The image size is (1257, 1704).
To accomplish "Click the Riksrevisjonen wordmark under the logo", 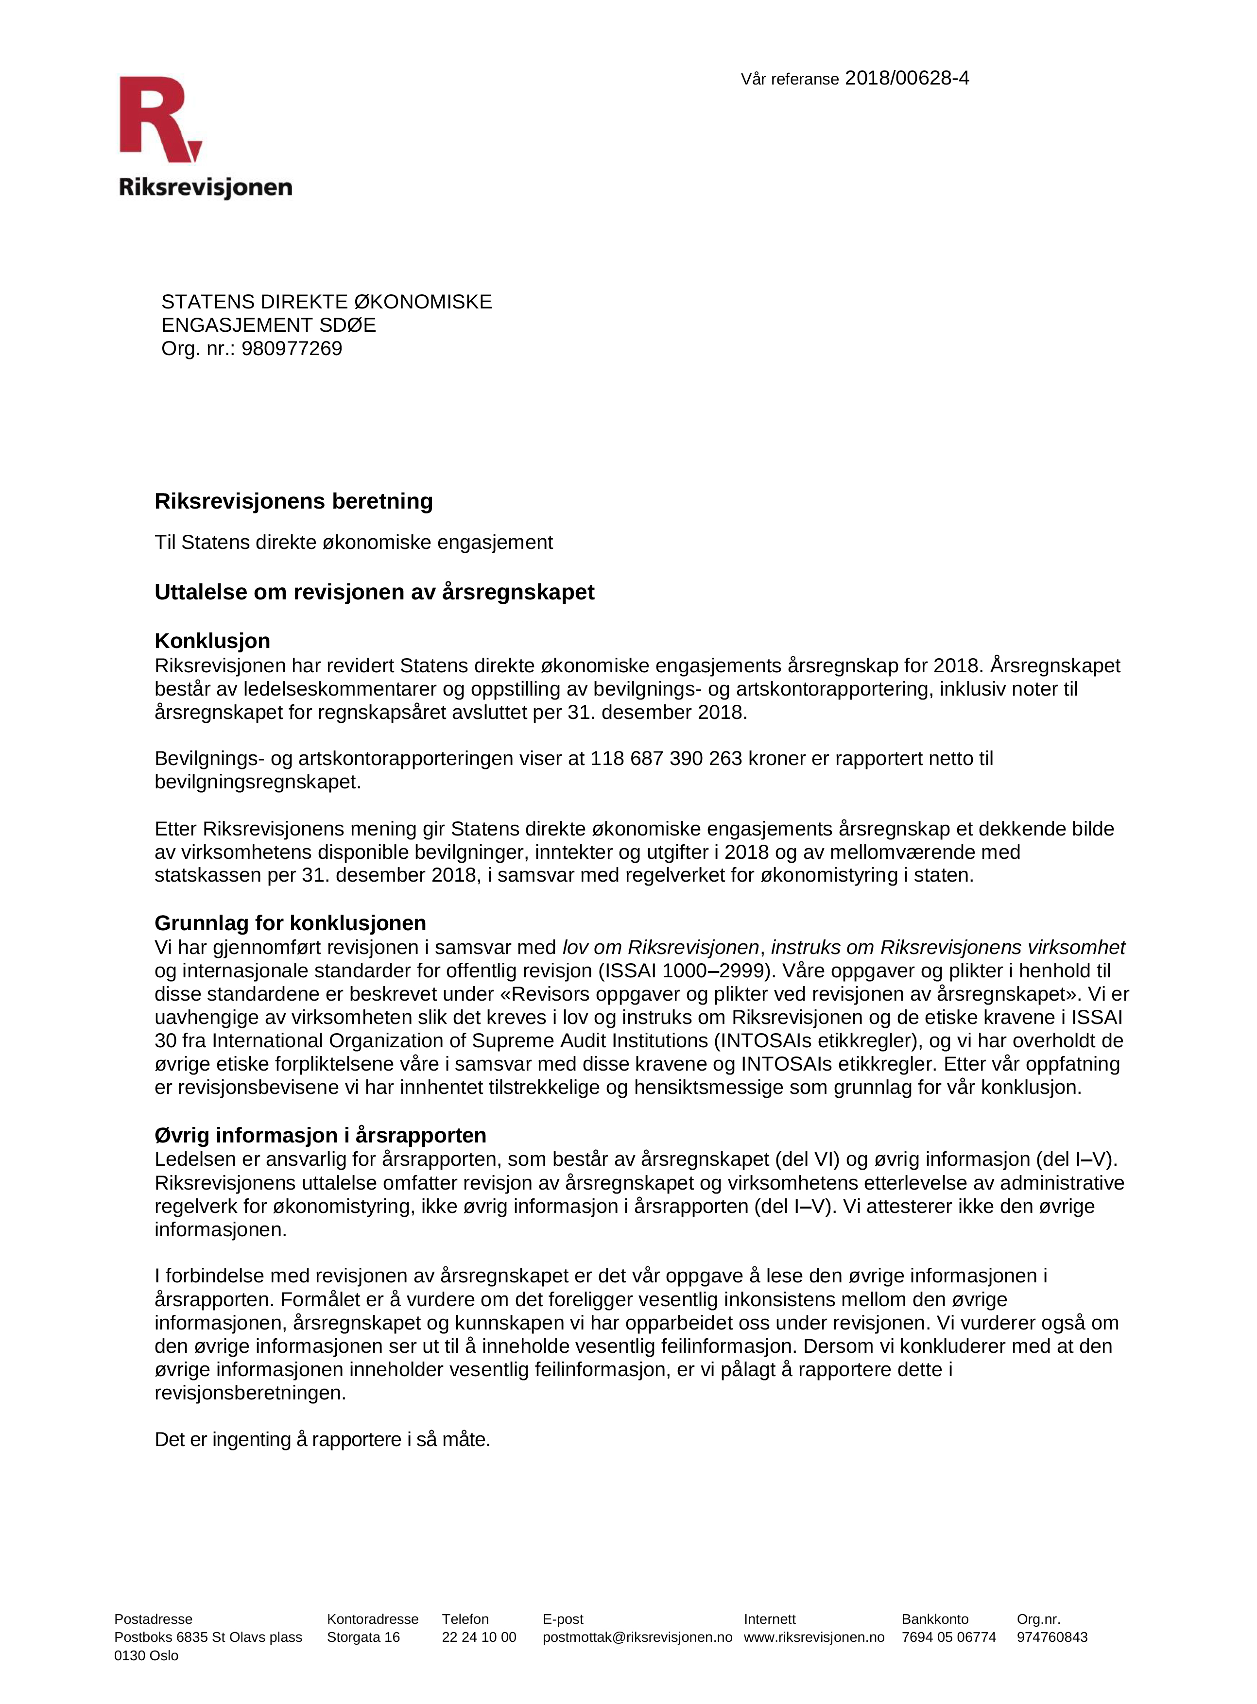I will pos(206,187).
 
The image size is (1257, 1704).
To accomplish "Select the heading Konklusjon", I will pos(212,641).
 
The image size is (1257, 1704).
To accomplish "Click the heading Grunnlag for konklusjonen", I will pos(290,923).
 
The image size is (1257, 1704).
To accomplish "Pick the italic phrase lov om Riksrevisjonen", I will pos(660,947).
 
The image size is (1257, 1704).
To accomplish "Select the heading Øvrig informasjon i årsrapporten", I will pos(320,1135).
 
